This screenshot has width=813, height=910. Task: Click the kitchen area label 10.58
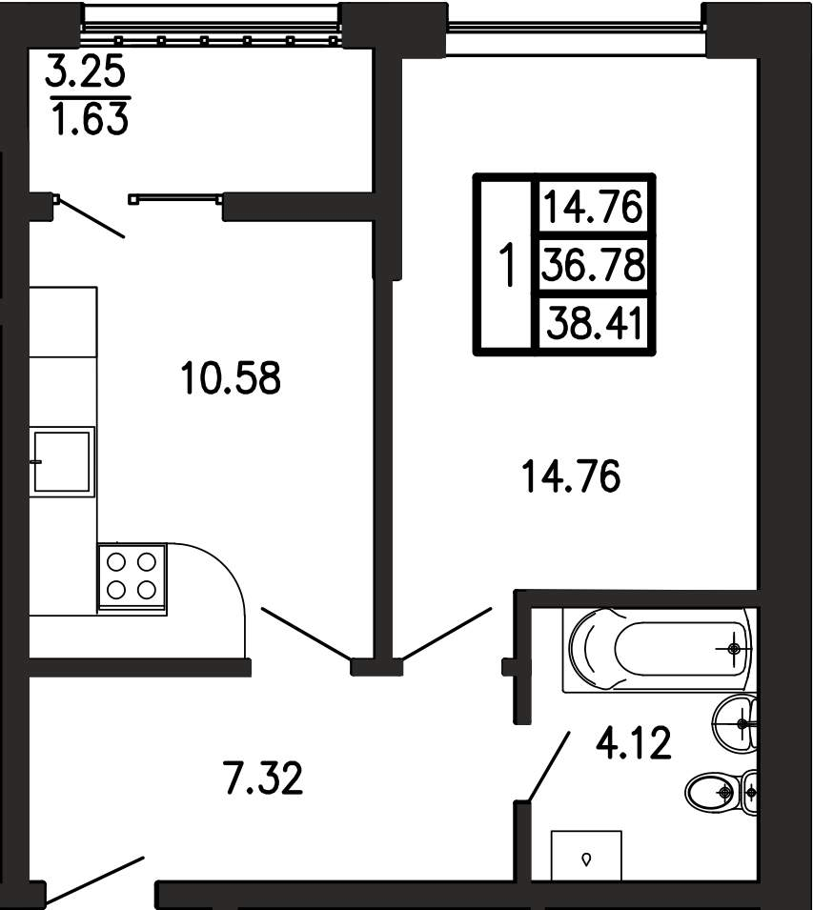pos(231,377)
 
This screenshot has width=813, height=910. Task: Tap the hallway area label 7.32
pos(263,779)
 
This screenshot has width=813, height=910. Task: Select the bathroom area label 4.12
pos(633,743)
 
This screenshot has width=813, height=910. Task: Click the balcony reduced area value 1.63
pos(90,118)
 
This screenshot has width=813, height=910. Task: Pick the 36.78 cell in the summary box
pos(593,264)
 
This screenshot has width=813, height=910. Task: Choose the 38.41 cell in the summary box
pos(594,323)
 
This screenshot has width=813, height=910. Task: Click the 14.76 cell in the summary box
pos(593,207)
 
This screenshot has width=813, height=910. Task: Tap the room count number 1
pos(507,265)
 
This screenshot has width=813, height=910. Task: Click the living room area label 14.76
pos(571,475)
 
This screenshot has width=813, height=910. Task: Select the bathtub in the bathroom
pos(659,650)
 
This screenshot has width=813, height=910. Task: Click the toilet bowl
pos(721,791)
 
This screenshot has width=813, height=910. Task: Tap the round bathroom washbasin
pos(734,723)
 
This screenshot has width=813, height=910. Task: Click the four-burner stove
pos(132,579)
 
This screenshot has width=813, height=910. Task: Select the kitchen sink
pos(63,462)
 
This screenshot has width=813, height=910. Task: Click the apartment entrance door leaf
pos(92,881)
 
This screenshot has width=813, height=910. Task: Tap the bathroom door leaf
pos(548,767)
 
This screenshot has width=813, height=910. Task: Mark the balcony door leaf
pos(91,217)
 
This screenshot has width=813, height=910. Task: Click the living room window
pos(576,26)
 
